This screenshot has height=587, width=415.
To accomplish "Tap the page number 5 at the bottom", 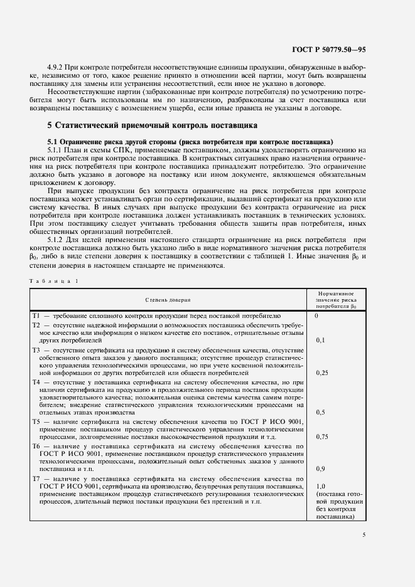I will coord(364,535).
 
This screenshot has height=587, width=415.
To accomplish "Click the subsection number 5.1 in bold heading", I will coord(54,141).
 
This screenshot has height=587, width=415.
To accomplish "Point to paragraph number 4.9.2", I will coord(57,66).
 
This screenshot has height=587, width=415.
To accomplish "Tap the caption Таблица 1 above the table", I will coord(53,280).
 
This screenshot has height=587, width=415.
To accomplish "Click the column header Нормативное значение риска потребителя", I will coord(336,300).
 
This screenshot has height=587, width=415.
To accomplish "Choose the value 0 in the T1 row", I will coord(316,316).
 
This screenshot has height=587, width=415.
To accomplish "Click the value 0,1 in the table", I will coord(320,340).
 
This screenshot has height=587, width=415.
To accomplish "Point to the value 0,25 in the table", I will coord(322,373).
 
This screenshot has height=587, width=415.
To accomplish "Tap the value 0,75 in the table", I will coord(322,436).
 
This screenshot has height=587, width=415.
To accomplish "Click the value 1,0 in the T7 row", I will coord(321,486).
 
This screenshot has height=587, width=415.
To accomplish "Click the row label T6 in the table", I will coord(36,445).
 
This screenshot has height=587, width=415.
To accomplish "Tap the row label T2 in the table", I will coord(36,325).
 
